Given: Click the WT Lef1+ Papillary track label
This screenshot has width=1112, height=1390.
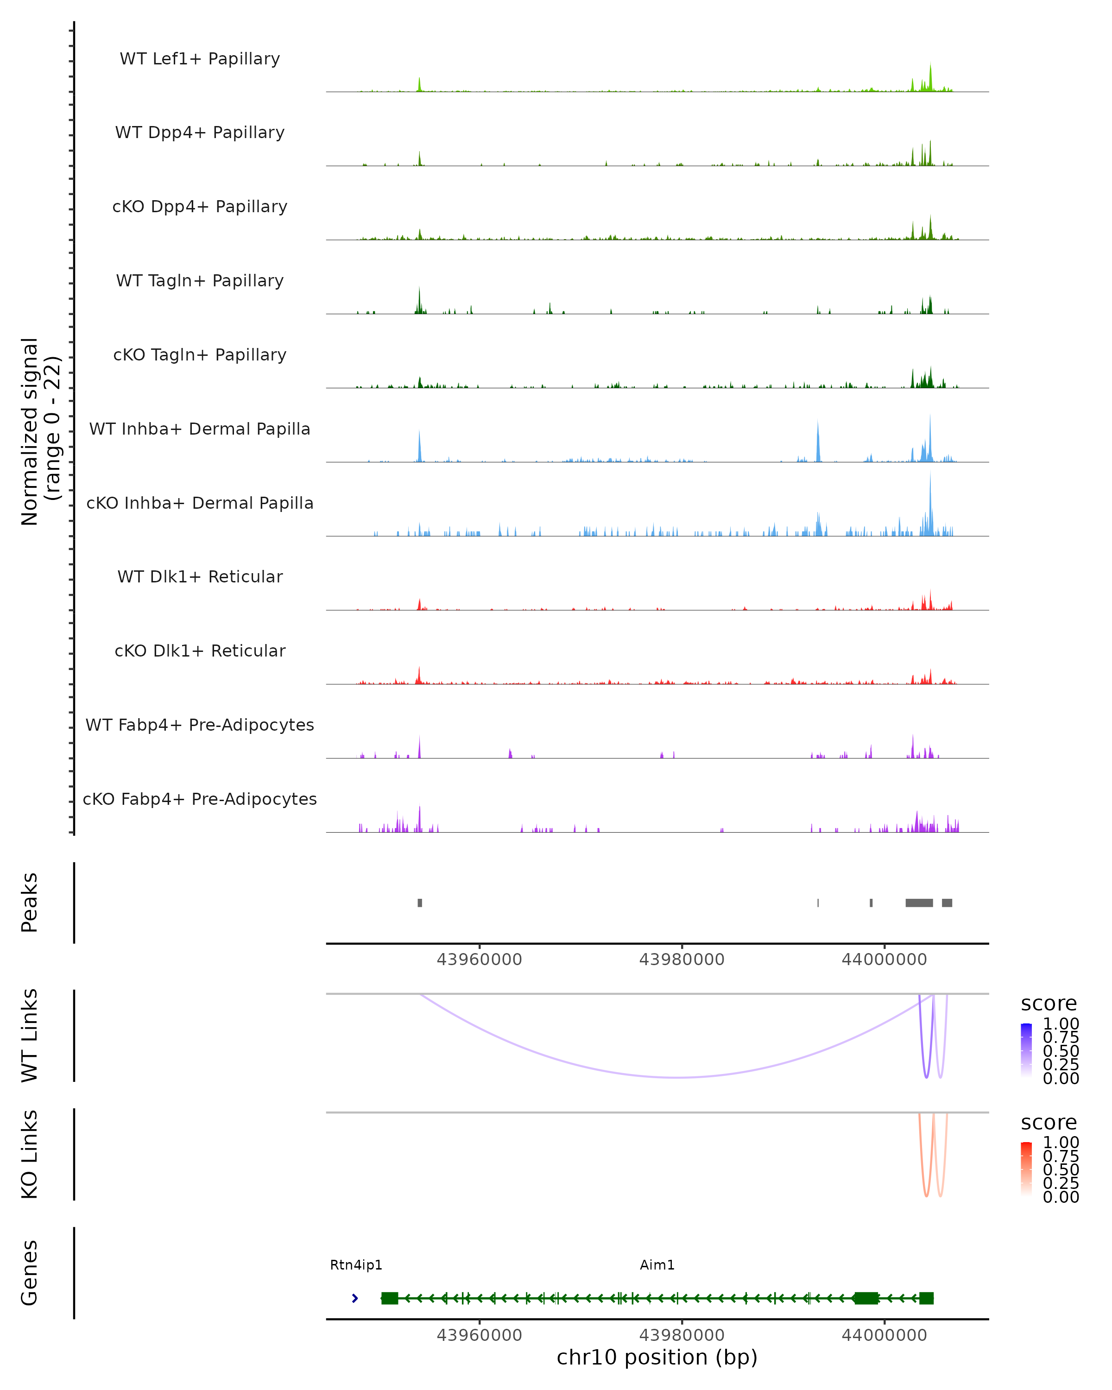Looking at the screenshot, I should point(200,59).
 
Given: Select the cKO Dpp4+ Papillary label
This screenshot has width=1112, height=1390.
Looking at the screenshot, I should point(200,207).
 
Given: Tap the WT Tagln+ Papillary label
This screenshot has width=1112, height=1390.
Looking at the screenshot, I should point(200,281).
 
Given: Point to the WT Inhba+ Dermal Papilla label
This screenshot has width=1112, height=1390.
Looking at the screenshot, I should point(200,430).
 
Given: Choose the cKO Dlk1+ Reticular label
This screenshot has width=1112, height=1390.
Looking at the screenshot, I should point(200,651).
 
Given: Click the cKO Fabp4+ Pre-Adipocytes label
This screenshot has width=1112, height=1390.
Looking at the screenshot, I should point(200,799).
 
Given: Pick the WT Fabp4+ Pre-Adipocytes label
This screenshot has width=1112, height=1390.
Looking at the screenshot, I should point(200,725).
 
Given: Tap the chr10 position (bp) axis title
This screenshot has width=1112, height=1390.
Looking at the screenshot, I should point(657,1365).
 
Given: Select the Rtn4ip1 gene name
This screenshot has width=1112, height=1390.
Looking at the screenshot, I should point(356,1265).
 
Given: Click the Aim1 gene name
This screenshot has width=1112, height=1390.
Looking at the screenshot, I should point(657,1265).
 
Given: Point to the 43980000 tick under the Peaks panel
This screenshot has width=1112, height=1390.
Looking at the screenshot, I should point(682,960).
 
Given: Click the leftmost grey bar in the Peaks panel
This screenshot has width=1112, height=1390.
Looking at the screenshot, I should point(420,903).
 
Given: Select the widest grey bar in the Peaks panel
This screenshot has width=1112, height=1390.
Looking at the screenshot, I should point(919,903).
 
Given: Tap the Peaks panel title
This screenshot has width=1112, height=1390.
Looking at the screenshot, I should point(29,903).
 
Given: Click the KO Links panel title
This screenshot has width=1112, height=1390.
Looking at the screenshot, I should point(29,1154).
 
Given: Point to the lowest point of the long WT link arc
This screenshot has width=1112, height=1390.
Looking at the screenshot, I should point(677,1077).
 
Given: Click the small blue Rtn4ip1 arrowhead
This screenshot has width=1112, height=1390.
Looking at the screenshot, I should point(354,1298).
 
